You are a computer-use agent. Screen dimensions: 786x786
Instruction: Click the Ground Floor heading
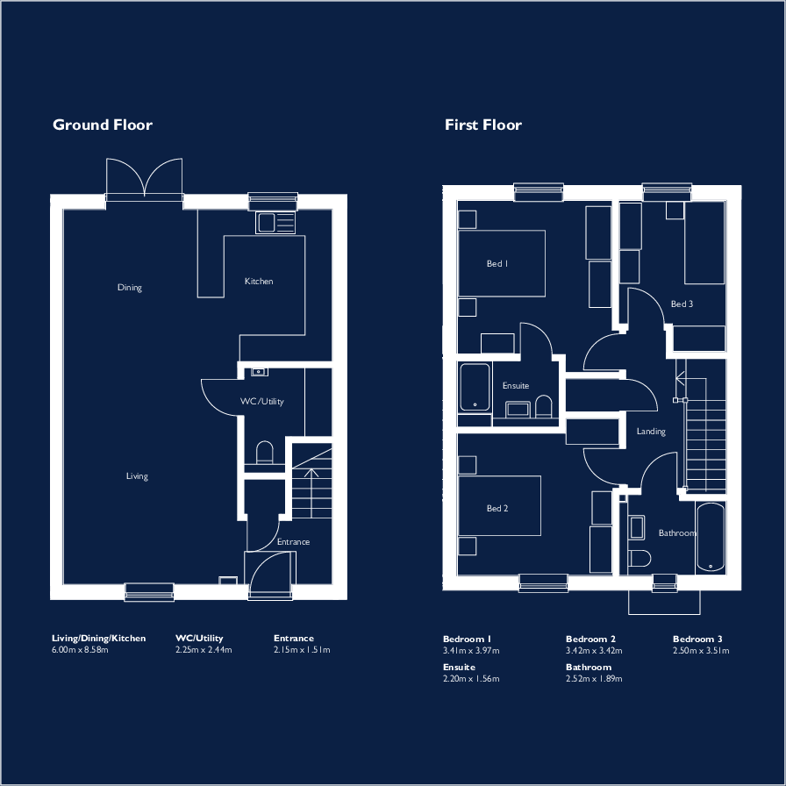tap(103, 125)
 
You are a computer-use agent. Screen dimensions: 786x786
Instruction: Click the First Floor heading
tap(482, 125)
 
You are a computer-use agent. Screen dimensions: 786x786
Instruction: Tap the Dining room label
tap(130, 288)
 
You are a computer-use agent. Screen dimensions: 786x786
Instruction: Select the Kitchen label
tap(259, 282)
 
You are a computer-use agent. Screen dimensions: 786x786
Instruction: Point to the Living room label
tap(137, 476)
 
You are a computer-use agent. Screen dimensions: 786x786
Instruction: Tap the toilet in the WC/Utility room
tap(264, 453)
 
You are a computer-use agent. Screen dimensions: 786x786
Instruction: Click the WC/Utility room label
tap(262, 402)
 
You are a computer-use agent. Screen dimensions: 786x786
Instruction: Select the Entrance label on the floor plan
tap(293, 542)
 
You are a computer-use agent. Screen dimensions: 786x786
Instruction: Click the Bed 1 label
tap(497, 263)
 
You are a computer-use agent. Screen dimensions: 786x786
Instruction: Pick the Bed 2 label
tap(497, 509)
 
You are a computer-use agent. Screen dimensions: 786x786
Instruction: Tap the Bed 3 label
tap(682, 304)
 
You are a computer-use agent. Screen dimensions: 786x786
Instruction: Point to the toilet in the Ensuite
tap(543, 406)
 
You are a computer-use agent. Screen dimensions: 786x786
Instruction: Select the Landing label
tap(651, 432)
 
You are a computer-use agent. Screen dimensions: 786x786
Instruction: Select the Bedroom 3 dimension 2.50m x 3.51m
tap(701, 651)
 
